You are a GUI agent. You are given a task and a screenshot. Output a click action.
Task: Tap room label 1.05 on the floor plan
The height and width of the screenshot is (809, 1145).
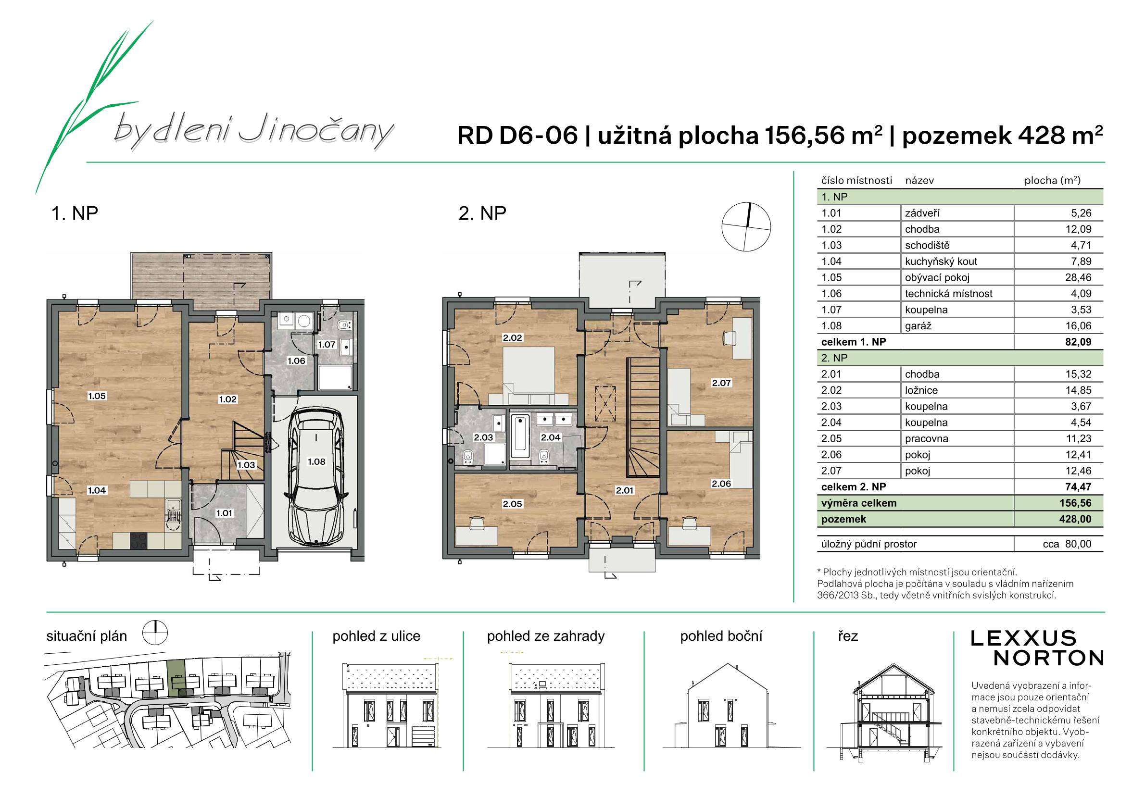click(x=97, y=396)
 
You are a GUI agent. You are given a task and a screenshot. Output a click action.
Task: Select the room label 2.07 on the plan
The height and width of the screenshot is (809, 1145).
click(x=721, y=383)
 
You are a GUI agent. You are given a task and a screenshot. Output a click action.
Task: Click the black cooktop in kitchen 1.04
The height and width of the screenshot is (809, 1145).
click(x=139, y=541)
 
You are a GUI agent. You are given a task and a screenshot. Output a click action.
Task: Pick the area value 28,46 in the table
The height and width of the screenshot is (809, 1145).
click(x=1078, y=278)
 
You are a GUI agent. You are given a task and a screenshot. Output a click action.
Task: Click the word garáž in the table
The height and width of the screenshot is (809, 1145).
click(x=918, y=326)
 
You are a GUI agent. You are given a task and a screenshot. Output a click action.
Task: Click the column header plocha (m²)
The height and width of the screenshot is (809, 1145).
click(x=1052, y=180)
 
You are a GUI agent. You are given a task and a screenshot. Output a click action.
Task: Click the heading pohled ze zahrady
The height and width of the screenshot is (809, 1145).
click(x=546, y=636)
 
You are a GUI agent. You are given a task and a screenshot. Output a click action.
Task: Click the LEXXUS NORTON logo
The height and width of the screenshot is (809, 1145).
click(x=1037, y=648)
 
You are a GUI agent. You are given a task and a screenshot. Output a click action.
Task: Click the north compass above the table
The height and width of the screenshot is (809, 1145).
click(x=746, y=227)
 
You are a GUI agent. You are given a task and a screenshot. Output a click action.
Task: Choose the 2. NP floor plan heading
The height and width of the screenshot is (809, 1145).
click(x=482, y=213)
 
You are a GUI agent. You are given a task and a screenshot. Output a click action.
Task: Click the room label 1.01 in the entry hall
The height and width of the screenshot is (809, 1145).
click(x=224, y=513)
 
